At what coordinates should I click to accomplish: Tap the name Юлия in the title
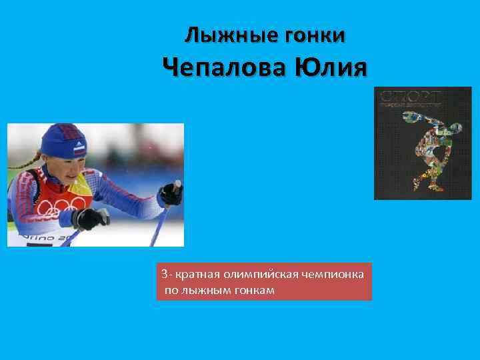[x=334, y=68]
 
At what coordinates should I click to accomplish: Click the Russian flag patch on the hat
[x=79, y=151]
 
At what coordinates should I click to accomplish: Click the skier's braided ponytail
[x=27, y=160]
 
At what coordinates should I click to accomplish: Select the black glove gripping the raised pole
[x=171, y=194]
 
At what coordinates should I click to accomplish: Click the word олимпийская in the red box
[x=259, y=275]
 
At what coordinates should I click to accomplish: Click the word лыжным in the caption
[x=208, y=291]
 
